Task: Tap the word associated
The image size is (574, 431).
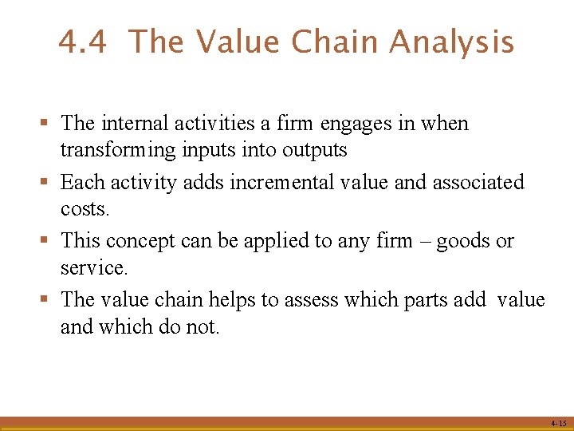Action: coord(478,183)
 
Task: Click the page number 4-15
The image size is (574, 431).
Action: coord(557,423)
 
